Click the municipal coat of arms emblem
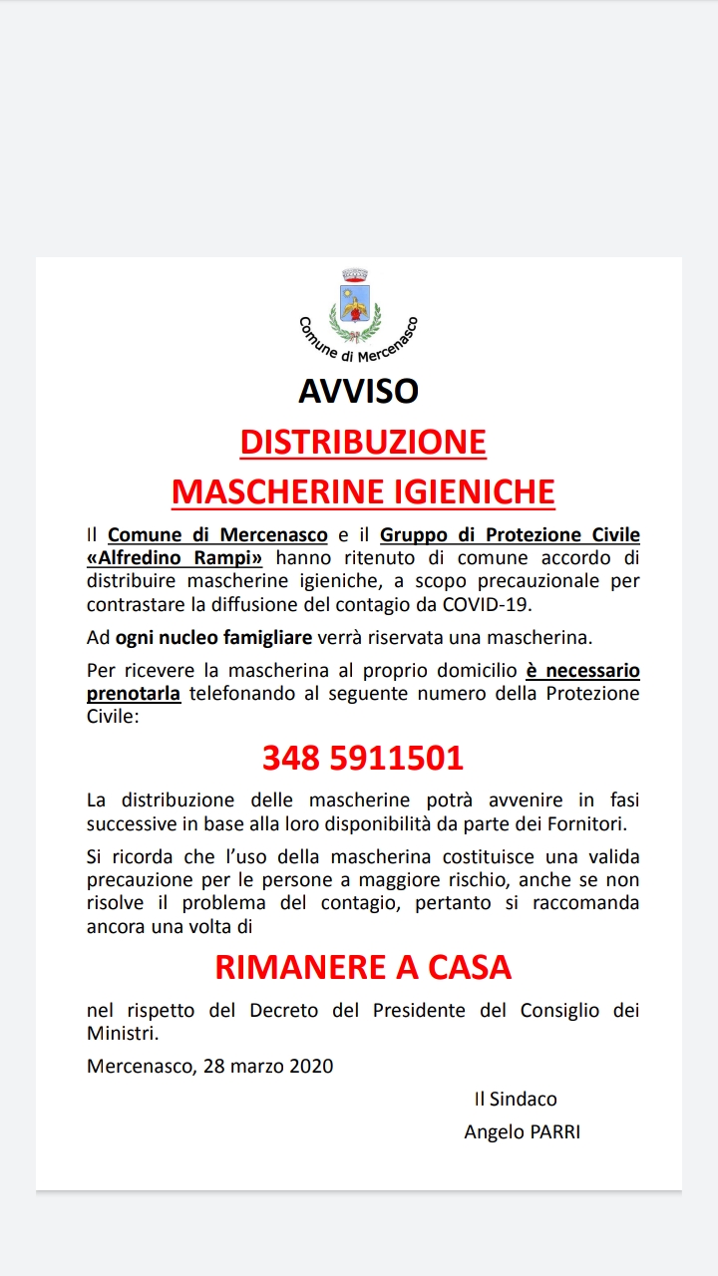(356, 303)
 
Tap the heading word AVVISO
(359, 390)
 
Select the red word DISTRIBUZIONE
(363, 442)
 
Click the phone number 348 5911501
(363, 759)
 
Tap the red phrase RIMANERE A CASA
(363, 966)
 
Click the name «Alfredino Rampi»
(175, 557)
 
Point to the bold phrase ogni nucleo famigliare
(213, 637)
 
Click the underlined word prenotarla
(134, 693)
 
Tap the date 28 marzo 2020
(268, 1066)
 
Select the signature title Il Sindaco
(516, 1099)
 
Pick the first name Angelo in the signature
(491, 1131)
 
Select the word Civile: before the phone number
(114, 715)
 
